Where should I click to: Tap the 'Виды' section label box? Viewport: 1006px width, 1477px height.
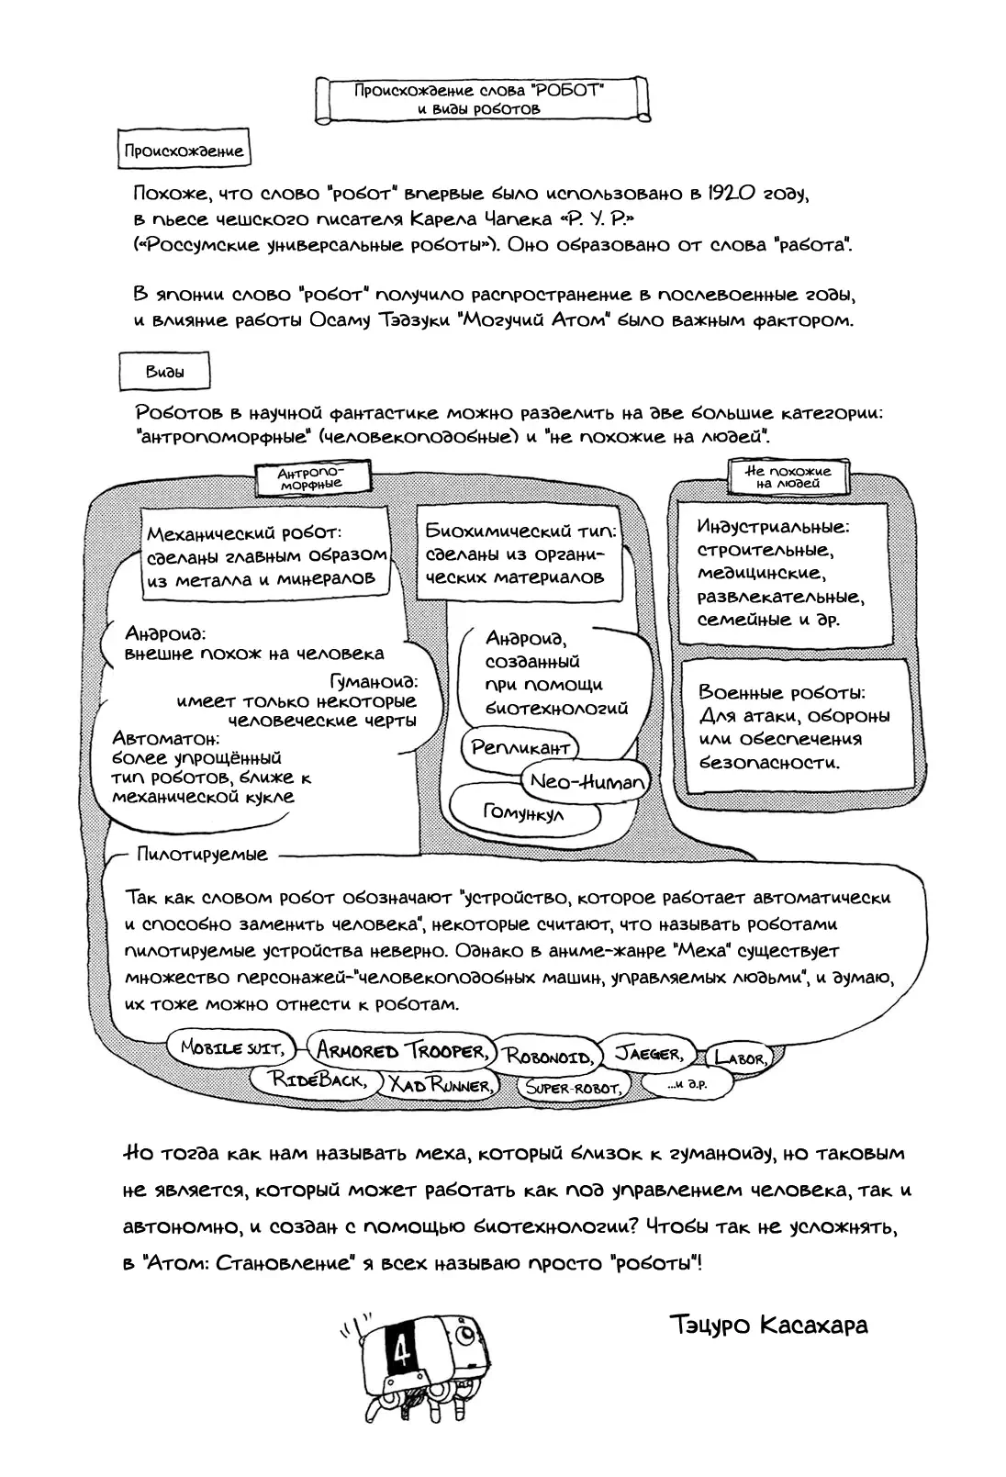coord(165,373)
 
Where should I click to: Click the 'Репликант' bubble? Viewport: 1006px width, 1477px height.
coord(520,747)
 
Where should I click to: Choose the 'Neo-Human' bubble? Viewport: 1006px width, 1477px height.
coord(585,782)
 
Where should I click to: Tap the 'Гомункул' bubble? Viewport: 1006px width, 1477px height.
coord(523,813)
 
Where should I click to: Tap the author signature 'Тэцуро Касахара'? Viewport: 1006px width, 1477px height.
coord(769,1326)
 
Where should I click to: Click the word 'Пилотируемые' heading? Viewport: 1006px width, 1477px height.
coord(202,855)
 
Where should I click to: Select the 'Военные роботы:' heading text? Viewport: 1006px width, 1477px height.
coord(781,693)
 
